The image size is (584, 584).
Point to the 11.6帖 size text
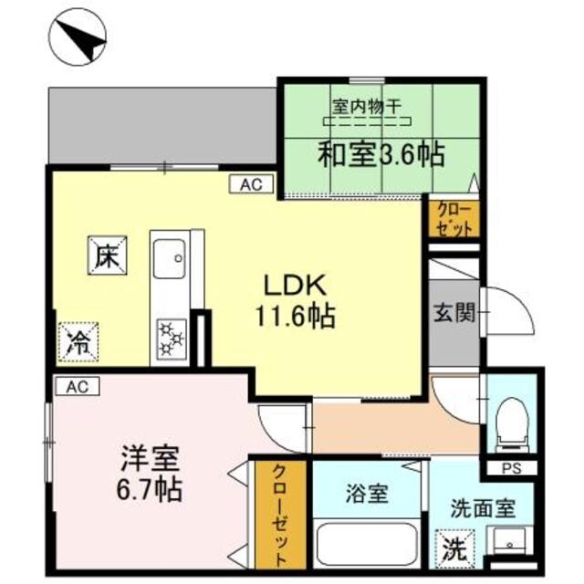coord(295,316)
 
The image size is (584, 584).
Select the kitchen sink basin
coord(170,257)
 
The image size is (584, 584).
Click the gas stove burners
coord(172,339)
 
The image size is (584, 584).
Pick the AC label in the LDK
coord(250,185)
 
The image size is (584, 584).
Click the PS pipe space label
coord(512,469)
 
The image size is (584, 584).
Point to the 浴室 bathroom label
coord(368,496)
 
